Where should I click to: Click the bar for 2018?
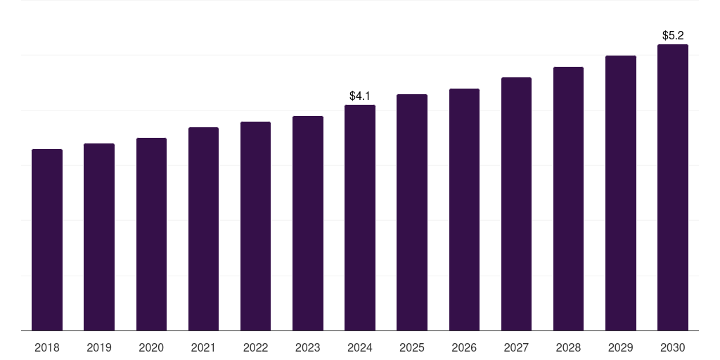click(x=47, y=239)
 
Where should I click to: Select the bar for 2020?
click(x=151, y=233)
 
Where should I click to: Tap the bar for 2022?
click(x=255, y=226)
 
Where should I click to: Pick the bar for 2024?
click(x=360, y=217)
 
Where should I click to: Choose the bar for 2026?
click(x=464, y=209)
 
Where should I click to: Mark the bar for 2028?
click(x=568, y=198)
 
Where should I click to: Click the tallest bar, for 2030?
click(x=673, y=187)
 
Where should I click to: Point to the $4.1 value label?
click(x=360, y=96)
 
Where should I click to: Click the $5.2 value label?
click(x=673, y=35)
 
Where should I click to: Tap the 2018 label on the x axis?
click(x=47, y=347)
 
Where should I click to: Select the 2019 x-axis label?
click(x=99, y=347)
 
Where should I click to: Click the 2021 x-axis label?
click(x=203, y=347)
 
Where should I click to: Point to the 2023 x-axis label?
click(x=308, y=347)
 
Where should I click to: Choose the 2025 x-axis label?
click(x=412, y=347)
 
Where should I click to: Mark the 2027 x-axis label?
click(x=516, y=347)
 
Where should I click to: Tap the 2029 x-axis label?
click(x=621, y=347)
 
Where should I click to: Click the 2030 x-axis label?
click(x=673, y=347)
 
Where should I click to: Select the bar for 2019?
click(x=99, y=236)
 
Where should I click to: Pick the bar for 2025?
click(x=412, y=212)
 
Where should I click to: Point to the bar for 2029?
click(x=621, y=193)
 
